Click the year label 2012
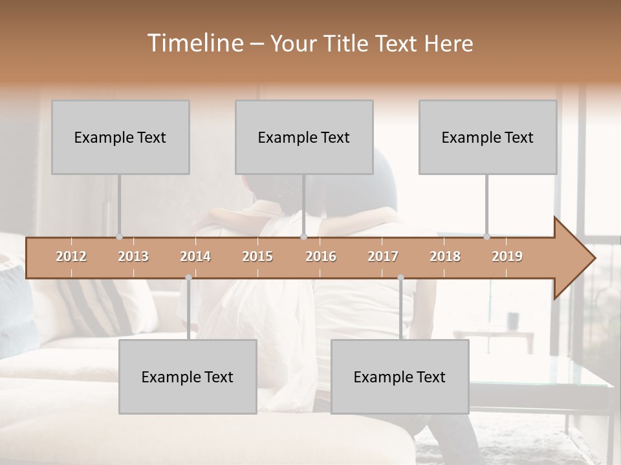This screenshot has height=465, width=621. click(x=71, y=257)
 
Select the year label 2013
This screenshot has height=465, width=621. click(x=133, y=257)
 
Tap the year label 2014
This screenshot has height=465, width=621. click(x=195, y=257)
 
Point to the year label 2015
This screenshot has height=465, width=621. click(x=257, y=257)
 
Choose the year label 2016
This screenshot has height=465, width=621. click(x=321, y=257)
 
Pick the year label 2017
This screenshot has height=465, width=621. click(x=383, y=257)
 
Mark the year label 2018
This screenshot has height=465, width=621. click(x=445, y=257)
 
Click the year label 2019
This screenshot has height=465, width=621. click(x=507, y=257)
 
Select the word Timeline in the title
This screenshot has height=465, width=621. click(x=195, y=43)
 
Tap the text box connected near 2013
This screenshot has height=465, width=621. click(x=120, y=137)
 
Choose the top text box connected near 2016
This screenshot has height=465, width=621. click(x=304, y=137)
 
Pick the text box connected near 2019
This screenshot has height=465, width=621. click(x=488, y=137)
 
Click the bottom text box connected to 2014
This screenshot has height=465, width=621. click(x=188, y=377)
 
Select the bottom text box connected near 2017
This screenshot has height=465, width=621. click(x=400, y=377)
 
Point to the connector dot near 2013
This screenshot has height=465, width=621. click(x=119, y=236)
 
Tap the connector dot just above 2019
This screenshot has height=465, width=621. click(x=486, y=236)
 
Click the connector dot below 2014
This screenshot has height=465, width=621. click(x=188, y=278)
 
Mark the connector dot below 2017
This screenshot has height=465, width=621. click(x=400, y=278)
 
